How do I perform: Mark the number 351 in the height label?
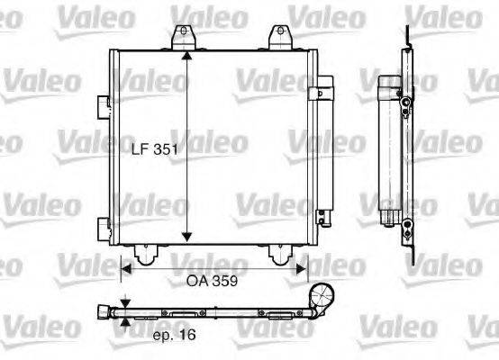[x=165, y=151]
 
